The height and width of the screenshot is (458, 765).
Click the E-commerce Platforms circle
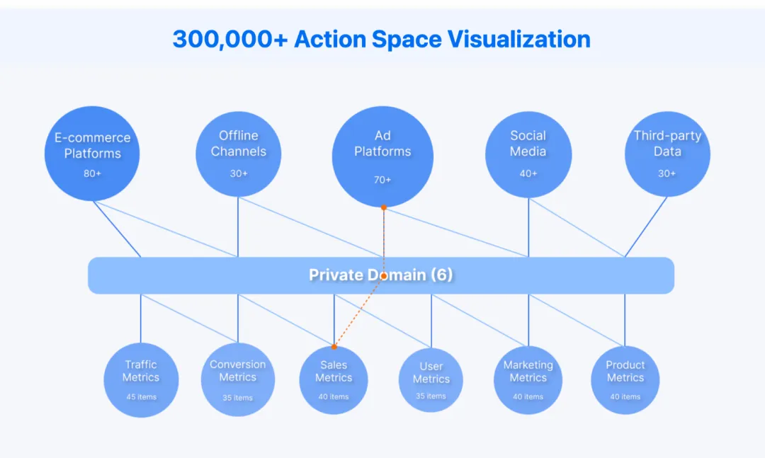(92, 153)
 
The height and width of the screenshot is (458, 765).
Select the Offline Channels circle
(238, 154)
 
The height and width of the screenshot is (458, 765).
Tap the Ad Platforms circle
(382, 156)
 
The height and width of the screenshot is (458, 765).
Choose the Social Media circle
(528, 154)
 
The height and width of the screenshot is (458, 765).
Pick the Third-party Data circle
(667, 154)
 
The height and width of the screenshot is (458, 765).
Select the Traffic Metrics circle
(141, 379)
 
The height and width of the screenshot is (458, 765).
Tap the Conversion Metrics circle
(237, 379)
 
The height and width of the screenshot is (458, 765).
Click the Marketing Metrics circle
(528, 379)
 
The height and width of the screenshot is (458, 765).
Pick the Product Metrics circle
(625, 379)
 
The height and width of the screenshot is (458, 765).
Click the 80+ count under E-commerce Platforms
(92, 173)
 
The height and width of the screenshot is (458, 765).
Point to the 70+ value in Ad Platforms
(382, 180)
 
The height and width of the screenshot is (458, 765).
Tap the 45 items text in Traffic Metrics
(141, 397)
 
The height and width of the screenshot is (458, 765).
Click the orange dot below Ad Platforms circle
(383, 207)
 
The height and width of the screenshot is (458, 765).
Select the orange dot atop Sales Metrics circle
(334, 347)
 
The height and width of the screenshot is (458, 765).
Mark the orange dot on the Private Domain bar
(383, 275)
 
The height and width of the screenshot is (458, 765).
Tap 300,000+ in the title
(229, 39)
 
